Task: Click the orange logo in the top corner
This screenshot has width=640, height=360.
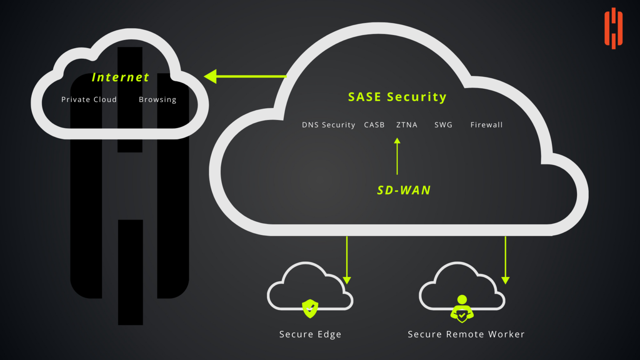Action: [x=613, y=28]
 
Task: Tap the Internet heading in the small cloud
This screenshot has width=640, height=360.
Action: [x=120, y=77]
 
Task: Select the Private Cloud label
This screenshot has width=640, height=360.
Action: [x=89, y=100]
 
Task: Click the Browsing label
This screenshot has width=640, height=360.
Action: [x=157, y=100]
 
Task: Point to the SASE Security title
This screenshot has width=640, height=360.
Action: [x=397, y=97]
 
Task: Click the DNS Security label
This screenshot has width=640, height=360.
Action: [x=328, y=125]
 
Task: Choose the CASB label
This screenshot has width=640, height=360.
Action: [x=374, y=125]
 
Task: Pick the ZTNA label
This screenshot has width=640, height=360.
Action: [x=407, y=125]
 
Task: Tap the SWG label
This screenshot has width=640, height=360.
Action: [x=443, y=125]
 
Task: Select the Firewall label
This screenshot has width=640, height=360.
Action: [x=486, y=125]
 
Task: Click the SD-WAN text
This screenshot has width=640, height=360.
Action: [x=404, y=190]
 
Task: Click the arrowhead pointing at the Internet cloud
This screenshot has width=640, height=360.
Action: [x=211, y=77]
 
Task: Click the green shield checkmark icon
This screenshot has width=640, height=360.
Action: [x=310, y=309]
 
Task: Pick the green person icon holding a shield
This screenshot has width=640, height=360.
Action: [x=462, y=309]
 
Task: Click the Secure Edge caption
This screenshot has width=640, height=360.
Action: [x=310, y=335]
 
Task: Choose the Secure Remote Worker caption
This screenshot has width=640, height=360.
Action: [x=466, y=335]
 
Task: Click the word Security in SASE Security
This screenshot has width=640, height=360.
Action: [x=417, y=97]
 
